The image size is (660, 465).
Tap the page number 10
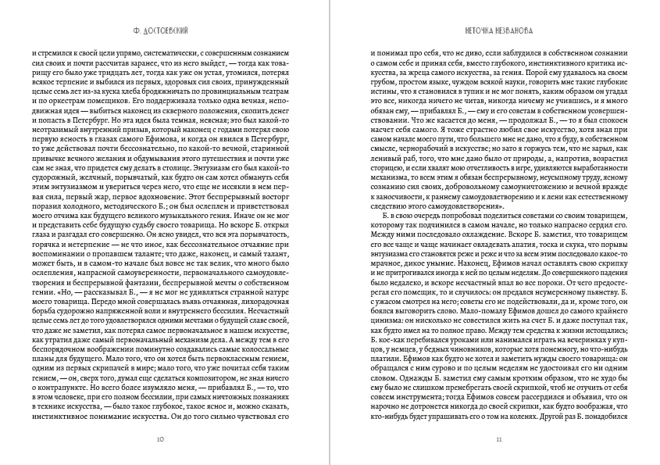coord(160,438)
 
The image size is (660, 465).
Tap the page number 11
coord(498,438)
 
